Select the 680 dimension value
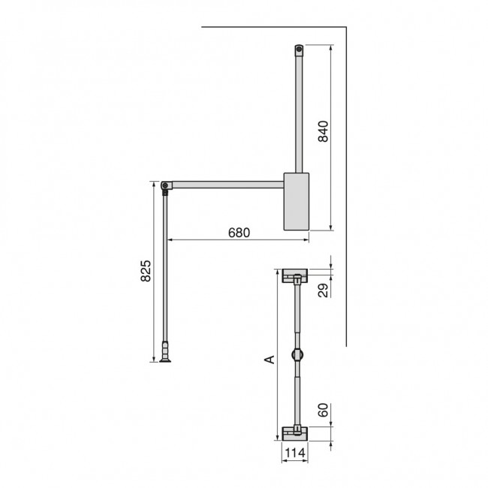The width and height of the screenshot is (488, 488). point(239,232)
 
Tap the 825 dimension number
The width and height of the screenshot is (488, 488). point(148,272)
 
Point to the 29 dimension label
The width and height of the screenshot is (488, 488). point(322,291)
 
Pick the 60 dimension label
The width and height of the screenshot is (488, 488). point(322,412)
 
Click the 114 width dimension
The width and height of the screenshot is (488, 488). point(295,453)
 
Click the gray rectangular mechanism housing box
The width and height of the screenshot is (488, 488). point(297,200)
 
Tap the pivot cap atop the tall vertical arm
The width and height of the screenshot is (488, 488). point(299,50)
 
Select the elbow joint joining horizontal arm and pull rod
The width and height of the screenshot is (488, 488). point(166,184)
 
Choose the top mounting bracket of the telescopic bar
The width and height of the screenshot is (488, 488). point(295,276)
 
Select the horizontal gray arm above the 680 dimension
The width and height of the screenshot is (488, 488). point(225,183)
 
